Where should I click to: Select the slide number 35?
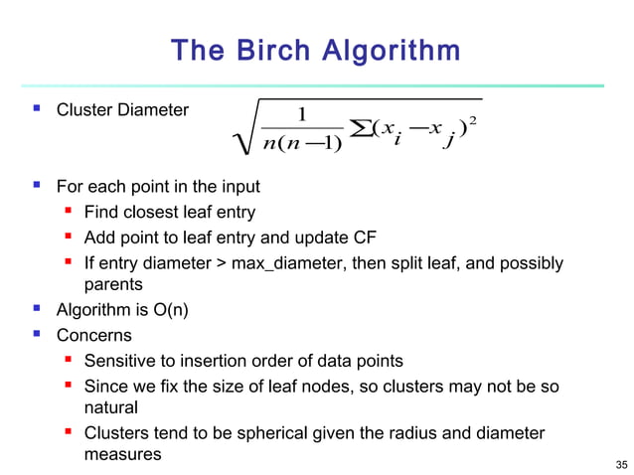pyautogui.click(x=621, y=464)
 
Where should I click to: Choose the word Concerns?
pyautogui.click(x=93, y=336)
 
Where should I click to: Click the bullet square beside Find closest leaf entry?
pyautogui.click(x=69, y=212)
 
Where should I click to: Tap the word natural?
pyautogui.click(x=110, y=407)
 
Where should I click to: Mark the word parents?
pyautogui.click(x=112, y=286)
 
